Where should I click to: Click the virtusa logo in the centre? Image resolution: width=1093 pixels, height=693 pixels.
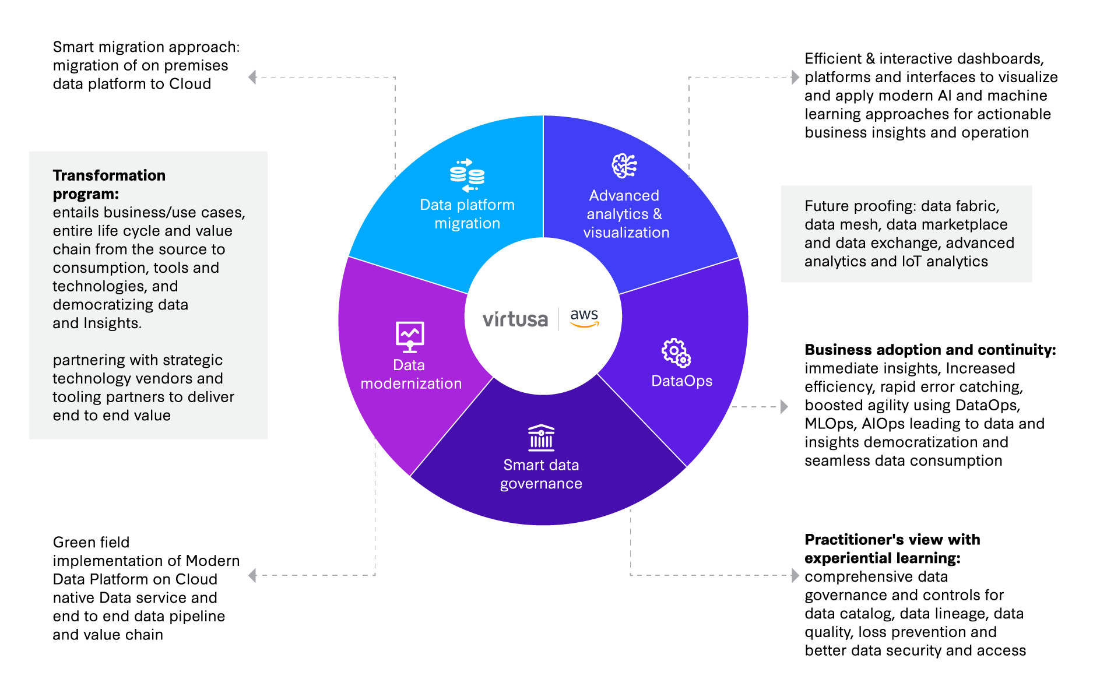click(515, 319)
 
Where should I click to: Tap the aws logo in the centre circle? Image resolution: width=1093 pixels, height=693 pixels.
click(584, 317)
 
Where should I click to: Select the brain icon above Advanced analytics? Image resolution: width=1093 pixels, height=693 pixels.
click(624, 166)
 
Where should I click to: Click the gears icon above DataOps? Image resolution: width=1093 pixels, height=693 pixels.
click(676, 353)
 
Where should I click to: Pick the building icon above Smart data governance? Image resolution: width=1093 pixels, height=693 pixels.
click(541, 438)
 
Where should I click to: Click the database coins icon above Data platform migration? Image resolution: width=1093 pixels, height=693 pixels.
click(467, 175)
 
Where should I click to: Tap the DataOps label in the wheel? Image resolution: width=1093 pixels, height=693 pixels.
click(681, 381)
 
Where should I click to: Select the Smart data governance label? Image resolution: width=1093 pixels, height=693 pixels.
click(541, 474)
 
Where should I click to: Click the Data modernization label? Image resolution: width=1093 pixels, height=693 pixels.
click(411, 375)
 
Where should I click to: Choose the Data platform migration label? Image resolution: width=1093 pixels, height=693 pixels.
click(468, 214)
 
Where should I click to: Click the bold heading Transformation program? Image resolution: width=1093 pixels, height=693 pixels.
click(109, 185)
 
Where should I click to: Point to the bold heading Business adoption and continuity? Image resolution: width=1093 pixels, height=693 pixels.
click(930, 350)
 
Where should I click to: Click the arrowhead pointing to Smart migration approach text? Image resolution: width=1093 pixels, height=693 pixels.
click(252, 77)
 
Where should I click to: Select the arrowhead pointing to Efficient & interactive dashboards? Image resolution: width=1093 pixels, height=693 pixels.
click(795, 77)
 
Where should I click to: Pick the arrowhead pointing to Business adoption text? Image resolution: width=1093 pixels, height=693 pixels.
click(785, 407)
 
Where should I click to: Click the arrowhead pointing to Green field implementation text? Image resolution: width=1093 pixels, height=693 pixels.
click(252, 576)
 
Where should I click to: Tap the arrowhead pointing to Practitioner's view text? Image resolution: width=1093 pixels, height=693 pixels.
click(795, 576)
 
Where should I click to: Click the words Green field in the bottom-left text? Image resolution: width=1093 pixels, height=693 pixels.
click(91, 543)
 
